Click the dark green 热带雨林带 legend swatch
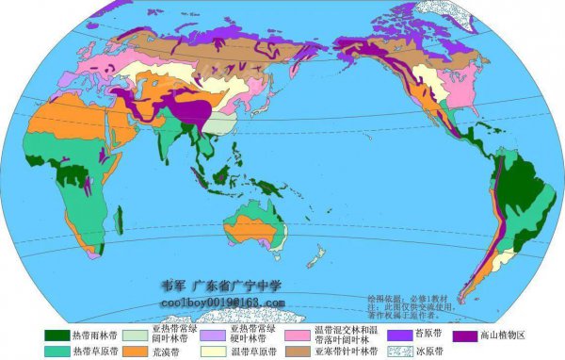click(x=58, y=335)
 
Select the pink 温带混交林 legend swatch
click(x=299, y=335)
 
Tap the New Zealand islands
click(x=316, y=256)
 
